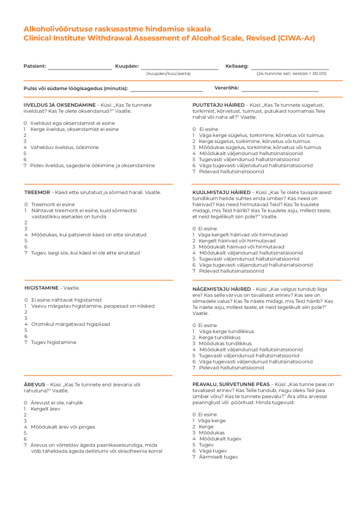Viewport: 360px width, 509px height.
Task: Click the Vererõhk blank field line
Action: click(280, 90)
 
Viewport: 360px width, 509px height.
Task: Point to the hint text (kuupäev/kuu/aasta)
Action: click(168, 73)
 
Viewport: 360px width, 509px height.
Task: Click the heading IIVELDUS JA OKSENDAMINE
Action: click(59, 105)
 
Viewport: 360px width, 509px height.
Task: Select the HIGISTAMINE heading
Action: click(41, 288)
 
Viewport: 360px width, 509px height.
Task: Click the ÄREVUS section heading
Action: click(34, 384)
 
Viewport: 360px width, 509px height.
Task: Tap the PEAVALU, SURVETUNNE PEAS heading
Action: click(231, 384)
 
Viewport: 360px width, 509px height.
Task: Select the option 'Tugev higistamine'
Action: click(53, 342)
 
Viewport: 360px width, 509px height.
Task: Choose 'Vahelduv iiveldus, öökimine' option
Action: click(64, 147)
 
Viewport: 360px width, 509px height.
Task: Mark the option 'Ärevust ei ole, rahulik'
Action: click(56, 402)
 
